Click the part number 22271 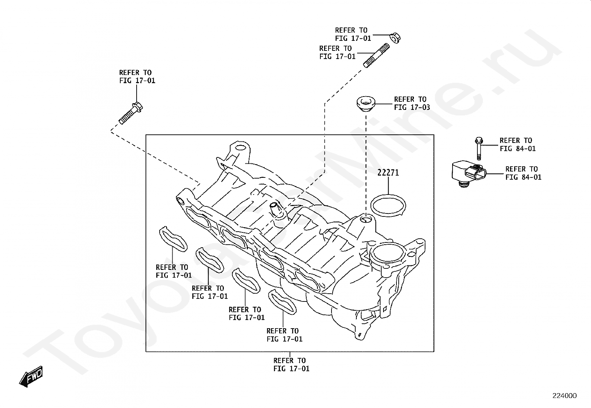tap(388, 173)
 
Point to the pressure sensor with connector tap(468, 173)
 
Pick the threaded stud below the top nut tap(376, 56)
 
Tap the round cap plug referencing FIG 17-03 tap(366, 103)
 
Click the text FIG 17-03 tap(412, 107)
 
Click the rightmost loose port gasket tap(283, 301)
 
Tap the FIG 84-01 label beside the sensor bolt tap(517, 148)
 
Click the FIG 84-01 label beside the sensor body tap(523, 177)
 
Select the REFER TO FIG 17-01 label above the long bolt tap(137, 76)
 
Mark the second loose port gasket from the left tap(209, 260)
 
